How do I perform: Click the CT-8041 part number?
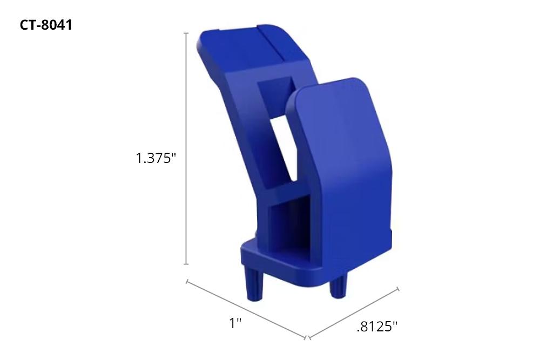pyautogui.click(x=46, y=25)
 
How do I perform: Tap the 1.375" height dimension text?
pyautogui.click(x=156, y=159)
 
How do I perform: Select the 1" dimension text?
pyautogui.click(x=235, y=323)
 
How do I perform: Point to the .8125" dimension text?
pyautogui.click(x=377, y=327)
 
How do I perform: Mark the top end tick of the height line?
pyautogui.click(x=186, y=33)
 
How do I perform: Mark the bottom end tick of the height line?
pyautogui.click(x=186, y=264)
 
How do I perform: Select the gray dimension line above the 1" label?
pyautogui.click(x=246, y=309)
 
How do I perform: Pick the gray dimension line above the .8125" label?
pyautogui.click(x=354, y=313)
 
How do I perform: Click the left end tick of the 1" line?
pyautogui.click(x=187, y=281)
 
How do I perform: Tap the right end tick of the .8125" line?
pyautogui.click(x=399, y=289)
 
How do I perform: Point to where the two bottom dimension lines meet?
pyautogui.click(x=306, y=338)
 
